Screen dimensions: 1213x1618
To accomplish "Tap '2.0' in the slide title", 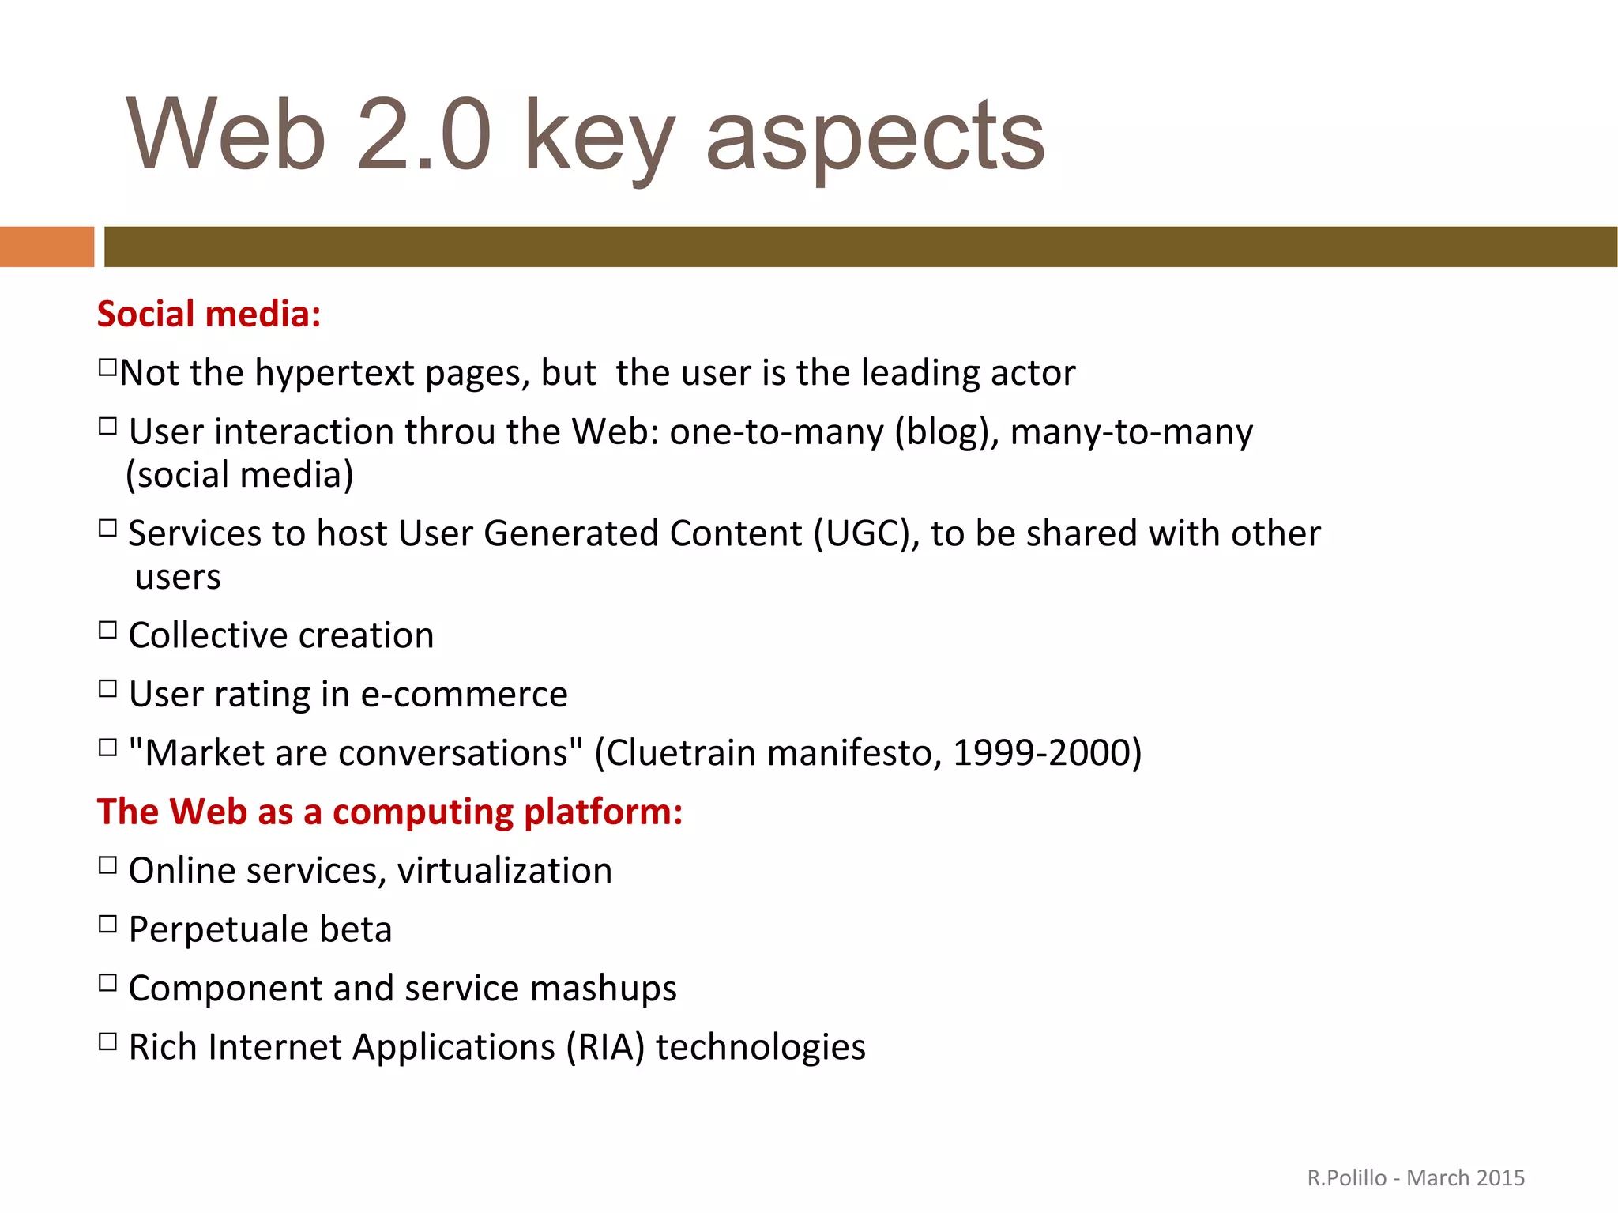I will click(x=424, y=134).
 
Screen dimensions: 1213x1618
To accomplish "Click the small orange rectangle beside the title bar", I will click(x=47, y=247).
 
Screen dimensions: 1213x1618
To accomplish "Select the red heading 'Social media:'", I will click(x=209, y=315).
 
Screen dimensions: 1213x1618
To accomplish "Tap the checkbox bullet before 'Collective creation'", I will click(x=107, y=631).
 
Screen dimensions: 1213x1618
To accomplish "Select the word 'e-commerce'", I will click(x=465, y=695).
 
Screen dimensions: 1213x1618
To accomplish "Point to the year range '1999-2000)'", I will click(x=1047, y=753).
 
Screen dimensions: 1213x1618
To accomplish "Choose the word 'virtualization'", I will click(x=505, y=871).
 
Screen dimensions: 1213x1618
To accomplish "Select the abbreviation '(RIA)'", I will click(x=605, y=1048).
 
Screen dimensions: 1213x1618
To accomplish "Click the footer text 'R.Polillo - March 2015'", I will click(x=1416, y=1178).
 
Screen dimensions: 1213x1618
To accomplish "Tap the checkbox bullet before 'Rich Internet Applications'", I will click(x=107, y=1042).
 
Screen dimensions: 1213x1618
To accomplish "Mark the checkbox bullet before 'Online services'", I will click(x=107, y=865).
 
